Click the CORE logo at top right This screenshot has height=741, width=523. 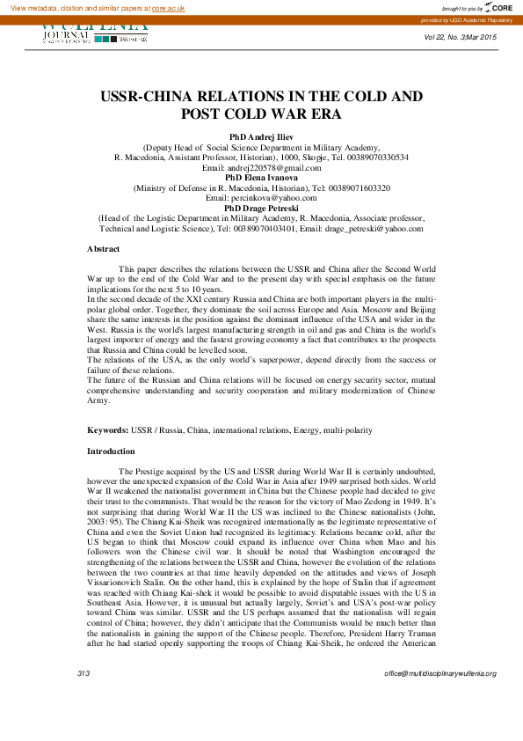(497, 7)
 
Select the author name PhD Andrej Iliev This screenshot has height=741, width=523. (261, 137)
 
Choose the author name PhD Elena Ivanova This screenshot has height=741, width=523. (261, 177)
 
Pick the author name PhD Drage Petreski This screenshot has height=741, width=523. (261, 208)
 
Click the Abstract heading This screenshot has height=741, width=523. (103, 249)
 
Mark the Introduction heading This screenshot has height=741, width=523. (111, 451)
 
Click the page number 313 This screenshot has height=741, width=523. (84, 673)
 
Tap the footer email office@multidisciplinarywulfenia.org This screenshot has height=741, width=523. (439, 673)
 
